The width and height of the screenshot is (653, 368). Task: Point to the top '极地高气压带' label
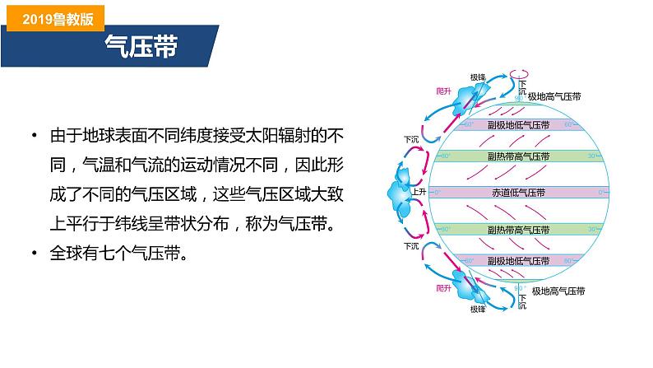click(x=554, y=96)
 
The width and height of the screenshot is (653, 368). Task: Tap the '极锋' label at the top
click(x=479, y=77)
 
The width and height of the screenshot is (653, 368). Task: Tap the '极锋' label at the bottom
click(x=479, y=310)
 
